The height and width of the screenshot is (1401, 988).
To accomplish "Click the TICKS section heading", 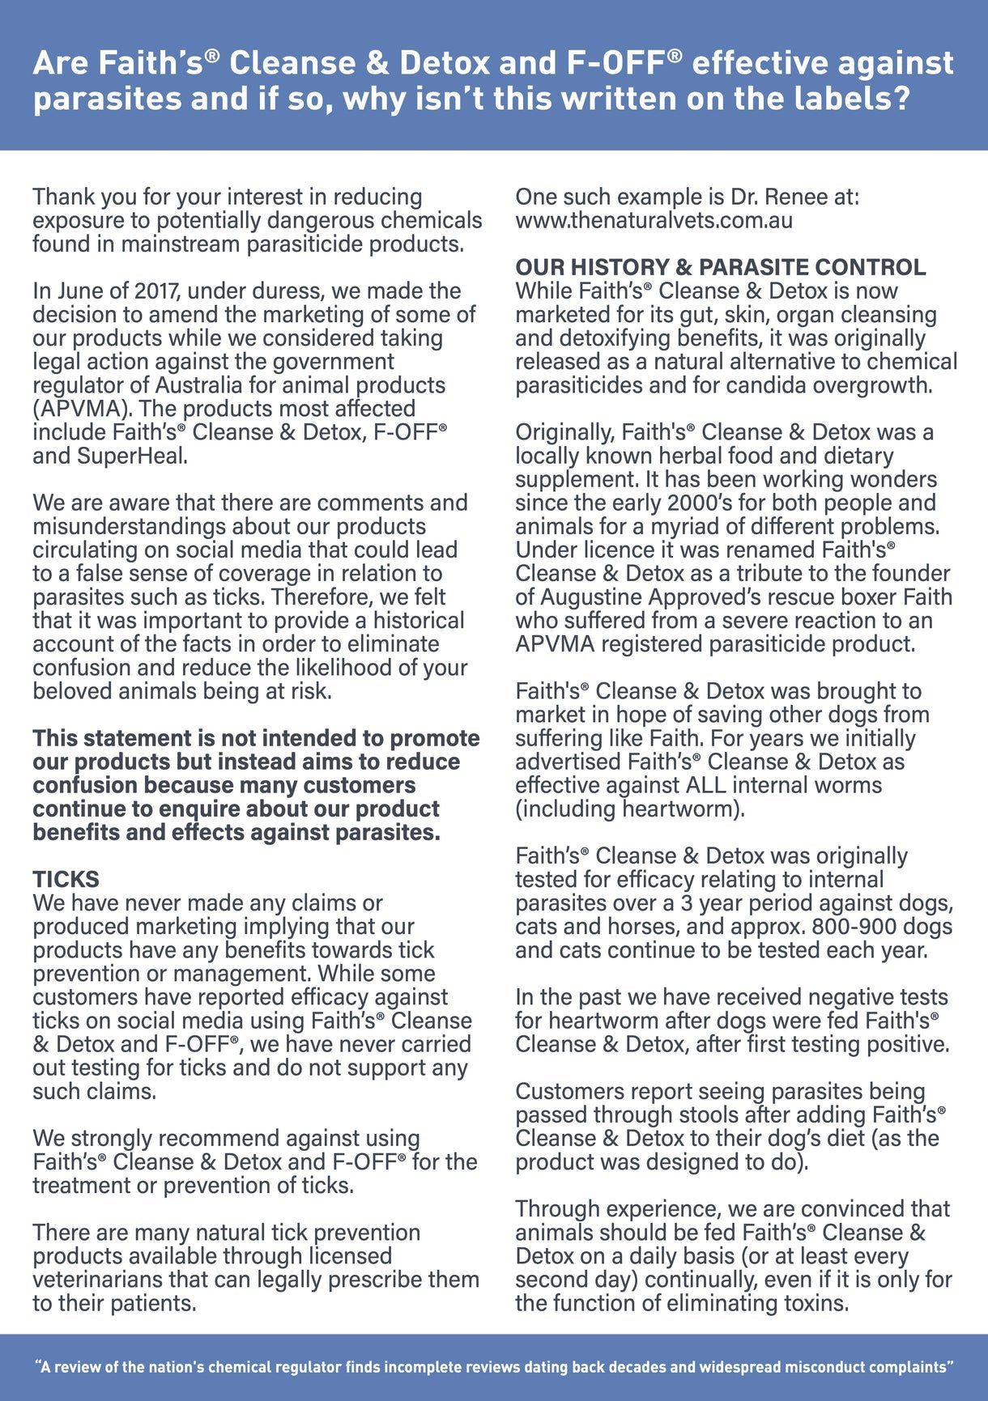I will [x=66, y=879].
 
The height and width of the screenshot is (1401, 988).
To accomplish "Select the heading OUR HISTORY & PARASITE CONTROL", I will [x=721, y=267].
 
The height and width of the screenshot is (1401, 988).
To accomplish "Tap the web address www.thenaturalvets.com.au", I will [x=654, y=220].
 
